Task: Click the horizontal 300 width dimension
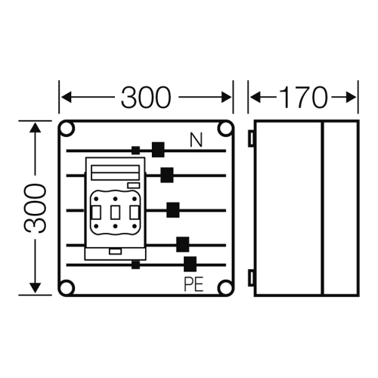[146, 98]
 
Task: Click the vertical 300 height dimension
[35, 208]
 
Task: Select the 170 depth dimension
[303, 98]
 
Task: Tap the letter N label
[196, 140]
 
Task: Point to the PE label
[194, 285]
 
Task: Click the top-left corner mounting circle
[67, 129]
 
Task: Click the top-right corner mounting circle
[225, 129]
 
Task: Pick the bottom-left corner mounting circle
[67, 287]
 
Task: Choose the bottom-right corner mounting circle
[225, 287]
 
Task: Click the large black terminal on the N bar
[158, 150]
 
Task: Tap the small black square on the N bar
[135, 150]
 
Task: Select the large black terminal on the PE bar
[190, 264]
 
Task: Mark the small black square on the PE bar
[135, 265]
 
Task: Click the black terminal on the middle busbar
[173, 210]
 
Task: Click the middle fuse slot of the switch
[115, 212]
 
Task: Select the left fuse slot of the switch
[97, 212]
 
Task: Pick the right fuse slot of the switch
[134, 212]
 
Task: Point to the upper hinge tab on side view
[251, 138]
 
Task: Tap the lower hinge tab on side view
[251, 277]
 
